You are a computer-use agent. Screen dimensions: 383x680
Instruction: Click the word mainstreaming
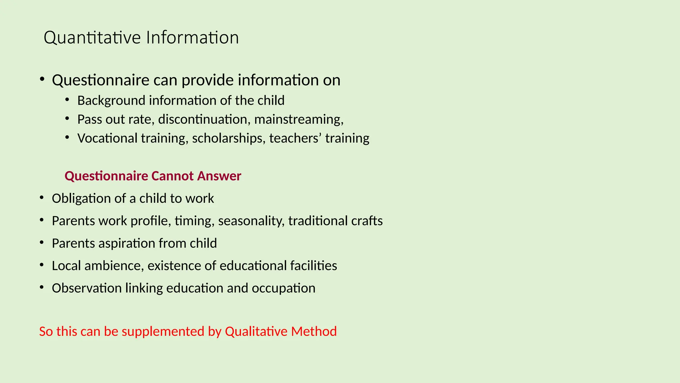pos(298,119)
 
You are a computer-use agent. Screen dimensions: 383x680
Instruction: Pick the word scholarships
pos(229,138)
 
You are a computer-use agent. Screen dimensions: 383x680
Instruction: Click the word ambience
pos(114,266)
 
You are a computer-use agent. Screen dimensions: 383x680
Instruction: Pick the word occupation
pos(283,288)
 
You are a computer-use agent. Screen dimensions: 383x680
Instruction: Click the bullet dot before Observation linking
pos(42,287)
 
